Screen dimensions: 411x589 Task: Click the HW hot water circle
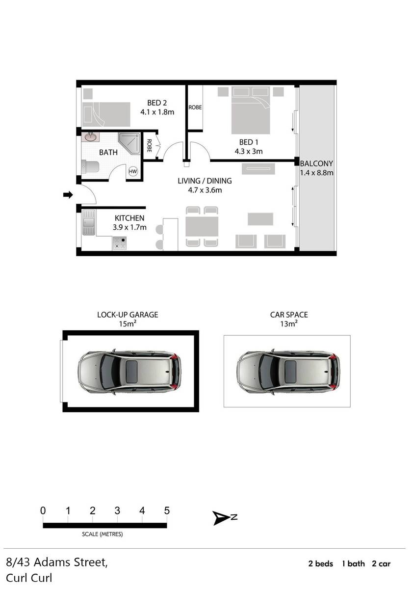(133, 172)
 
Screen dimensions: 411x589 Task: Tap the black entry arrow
(68, 195)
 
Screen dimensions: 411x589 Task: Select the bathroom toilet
(90, 167)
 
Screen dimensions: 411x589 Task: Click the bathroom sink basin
(90, 137)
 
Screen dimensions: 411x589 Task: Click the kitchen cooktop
(120, 243)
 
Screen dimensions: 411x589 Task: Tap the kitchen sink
(89, 222)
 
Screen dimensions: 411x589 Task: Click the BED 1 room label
(249, 142)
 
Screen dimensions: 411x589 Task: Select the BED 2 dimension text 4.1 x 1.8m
(157, 112)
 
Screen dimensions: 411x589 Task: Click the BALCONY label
(316, 163)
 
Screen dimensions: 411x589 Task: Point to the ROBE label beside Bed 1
(195, 107)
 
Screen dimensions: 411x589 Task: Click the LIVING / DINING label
(205, 181)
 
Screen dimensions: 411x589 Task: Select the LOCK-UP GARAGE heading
(128, 315)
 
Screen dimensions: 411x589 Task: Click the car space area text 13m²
(289, 323)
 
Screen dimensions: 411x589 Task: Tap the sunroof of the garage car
(131, 372)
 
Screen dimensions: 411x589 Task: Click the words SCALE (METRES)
(102, 534)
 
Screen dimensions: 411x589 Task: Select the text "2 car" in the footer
(381, 564)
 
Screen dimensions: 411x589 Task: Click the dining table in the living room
(202, 226)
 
